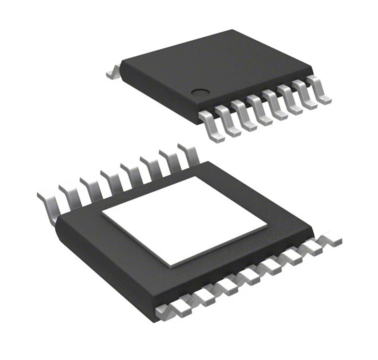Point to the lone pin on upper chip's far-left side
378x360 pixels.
(x=112, y=72)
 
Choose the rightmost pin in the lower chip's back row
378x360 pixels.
(x=189, y=154)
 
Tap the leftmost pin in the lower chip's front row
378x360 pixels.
(x=168, y=309)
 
